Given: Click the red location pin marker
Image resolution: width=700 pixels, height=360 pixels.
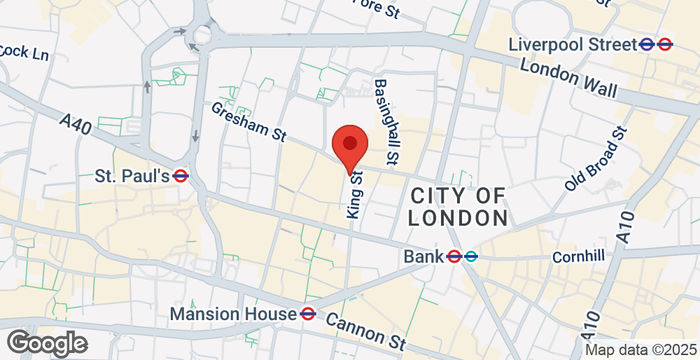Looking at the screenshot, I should click(x=349, y=147).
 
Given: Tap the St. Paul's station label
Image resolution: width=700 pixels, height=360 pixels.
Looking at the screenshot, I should click(x=131, y=176).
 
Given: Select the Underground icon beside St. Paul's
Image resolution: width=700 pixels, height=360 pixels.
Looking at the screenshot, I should click(x=181, y=176).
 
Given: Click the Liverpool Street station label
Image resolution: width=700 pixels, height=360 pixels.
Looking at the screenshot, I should click(x=572, y=44).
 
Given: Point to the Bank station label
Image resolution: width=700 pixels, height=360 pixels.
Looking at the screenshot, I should click(x=422, y=257).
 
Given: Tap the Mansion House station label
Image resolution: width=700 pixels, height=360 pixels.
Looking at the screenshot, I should click(x=232, y=314).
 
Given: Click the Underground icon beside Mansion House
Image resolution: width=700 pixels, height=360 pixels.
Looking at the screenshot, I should click(x=308, y=314).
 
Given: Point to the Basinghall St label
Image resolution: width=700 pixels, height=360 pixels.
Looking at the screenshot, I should click(x=386, y=122).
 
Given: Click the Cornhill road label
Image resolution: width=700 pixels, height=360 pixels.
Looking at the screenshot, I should click(x=578, y=256).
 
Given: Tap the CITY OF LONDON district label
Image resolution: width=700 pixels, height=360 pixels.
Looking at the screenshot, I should click(x=458, y=206).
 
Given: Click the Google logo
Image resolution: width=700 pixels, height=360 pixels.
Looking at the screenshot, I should click(x=46, y=343).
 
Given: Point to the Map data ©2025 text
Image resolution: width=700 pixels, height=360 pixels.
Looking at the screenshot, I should click(x=639, y=350).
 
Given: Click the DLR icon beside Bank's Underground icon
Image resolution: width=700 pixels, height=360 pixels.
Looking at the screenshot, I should click(x=471, y=257).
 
